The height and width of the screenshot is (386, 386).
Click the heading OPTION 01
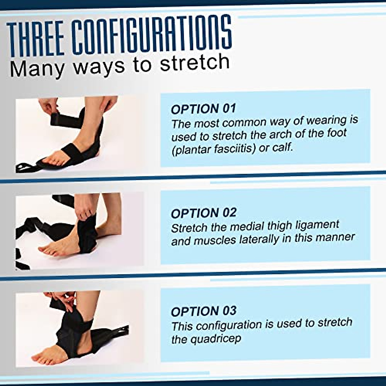tap(203, 109)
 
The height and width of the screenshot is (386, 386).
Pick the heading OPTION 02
tap(203, 213)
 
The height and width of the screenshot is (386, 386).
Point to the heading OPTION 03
tap(203, 311)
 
